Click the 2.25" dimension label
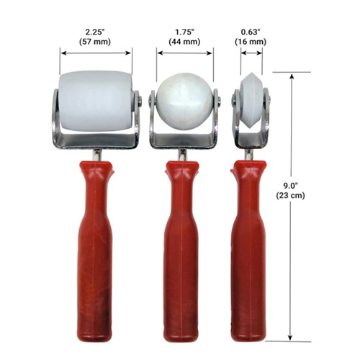pos(95,32)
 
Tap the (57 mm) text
pos(95,42)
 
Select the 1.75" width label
pos(184,32)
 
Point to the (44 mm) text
pos(184,42)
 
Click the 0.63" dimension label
pos(251,32)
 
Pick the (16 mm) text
pos(251,42)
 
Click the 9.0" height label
pos(290,186)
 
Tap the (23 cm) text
pos(290,196)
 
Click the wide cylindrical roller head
pos(96,101)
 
